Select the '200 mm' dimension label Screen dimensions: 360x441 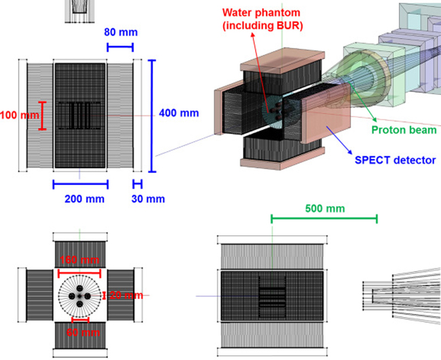tap(80, 199)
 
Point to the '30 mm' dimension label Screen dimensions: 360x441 tap(149, 199)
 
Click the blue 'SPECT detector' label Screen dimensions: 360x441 tap(390, 160)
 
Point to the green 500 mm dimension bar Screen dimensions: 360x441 tap(324, 218)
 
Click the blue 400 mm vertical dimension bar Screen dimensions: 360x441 tap(151, 108)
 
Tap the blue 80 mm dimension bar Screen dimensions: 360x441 tap(120, 47)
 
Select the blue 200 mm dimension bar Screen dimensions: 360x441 tap(80, 183)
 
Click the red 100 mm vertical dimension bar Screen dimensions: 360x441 tap(42, 115)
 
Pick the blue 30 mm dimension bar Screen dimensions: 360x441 tap(137, 183)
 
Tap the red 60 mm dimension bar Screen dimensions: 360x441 tap(80, 321)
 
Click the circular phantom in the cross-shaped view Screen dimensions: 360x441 tap(80, 296)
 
